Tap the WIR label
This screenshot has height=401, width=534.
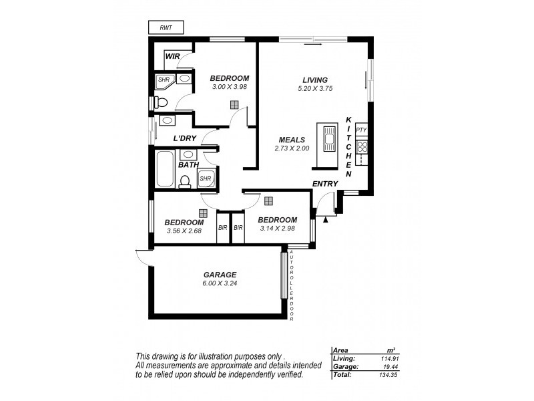click(173, 56)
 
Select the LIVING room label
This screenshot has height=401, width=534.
click(315, 80)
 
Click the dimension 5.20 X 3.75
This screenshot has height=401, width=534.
click(315, 88)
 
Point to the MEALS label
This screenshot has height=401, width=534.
click(292, 140)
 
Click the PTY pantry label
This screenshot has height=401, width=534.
click(361, 130)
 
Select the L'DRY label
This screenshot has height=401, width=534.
click(184, 138)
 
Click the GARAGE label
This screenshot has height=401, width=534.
click(220, 274)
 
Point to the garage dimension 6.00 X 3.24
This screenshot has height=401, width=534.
click(220, 283)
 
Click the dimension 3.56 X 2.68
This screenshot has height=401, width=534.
click(184, 231)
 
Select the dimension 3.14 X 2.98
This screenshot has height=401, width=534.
click(276, 228)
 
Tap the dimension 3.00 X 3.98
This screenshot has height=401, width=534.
click(229, 87)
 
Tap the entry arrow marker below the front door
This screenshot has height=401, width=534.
click(325, 219)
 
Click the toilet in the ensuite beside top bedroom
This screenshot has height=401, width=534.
click(160, 102)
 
